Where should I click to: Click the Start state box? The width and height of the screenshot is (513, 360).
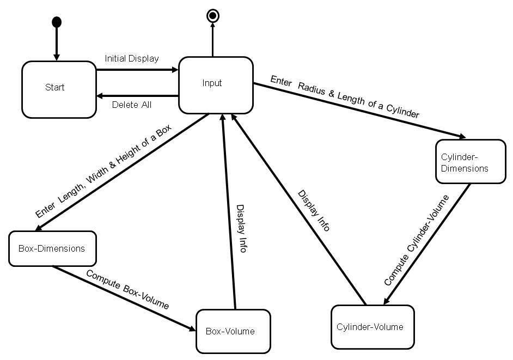pyautogui.click(x=59, y=89)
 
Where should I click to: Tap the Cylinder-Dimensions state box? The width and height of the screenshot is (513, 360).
pyautogui.click(x=471, y=162)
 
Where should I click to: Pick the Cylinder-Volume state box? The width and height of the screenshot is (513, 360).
pyautogui.click(x=372, y=327)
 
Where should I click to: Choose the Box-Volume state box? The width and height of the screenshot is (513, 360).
pyautogui.click(x=233, y=331)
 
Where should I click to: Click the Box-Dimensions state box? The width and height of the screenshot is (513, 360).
pyautogui.click(x=52, y=249)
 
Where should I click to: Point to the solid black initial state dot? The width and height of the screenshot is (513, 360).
pyautogui.click(x=56, y=22)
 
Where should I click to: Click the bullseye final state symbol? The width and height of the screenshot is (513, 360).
pyautogui.click(x=212, y=16)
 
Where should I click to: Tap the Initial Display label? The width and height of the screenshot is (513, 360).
pyautogui.click(x=132, y=58)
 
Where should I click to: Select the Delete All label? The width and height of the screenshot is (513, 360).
pyautogui.click(x=132, y=105)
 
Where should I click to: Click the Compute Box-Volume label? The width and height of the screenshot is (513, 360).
pyautogui.click(x=127, y=289)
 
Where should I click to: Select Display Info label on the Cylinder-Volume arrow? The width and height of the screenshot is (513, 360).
pyautogui.click(x=314, y=211)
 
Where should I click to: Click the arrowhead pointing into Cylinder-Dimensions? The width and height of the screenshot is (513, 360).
pyautogui.click(x=462, y=137)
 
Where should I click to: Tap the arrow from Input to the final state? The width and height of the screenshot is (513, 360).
pyautogui.click(x=212, y=41)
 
